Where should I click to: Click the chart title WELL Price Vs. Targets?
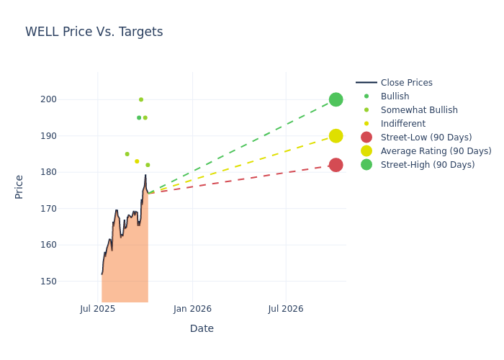coord(94,32)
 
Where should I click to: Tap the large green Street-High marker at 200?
coord(336,99)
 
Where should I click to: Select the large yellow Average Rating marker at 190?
coord(336,136)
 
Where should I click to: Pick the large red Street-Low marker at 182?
coord(336,165)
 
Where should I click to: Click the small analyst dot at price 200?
coord(141,99)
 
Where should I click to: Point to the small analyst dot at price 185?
coord(127,154)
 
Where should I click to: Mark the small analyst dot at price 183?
coord(137,161)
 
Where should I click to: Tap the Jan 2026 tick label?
coord(192,309)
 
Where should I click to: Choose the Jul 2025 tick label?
coord(98,309)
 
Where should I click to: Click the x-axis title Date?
coord(202,328)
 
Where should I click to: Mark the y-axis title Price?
coord(19,186)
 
